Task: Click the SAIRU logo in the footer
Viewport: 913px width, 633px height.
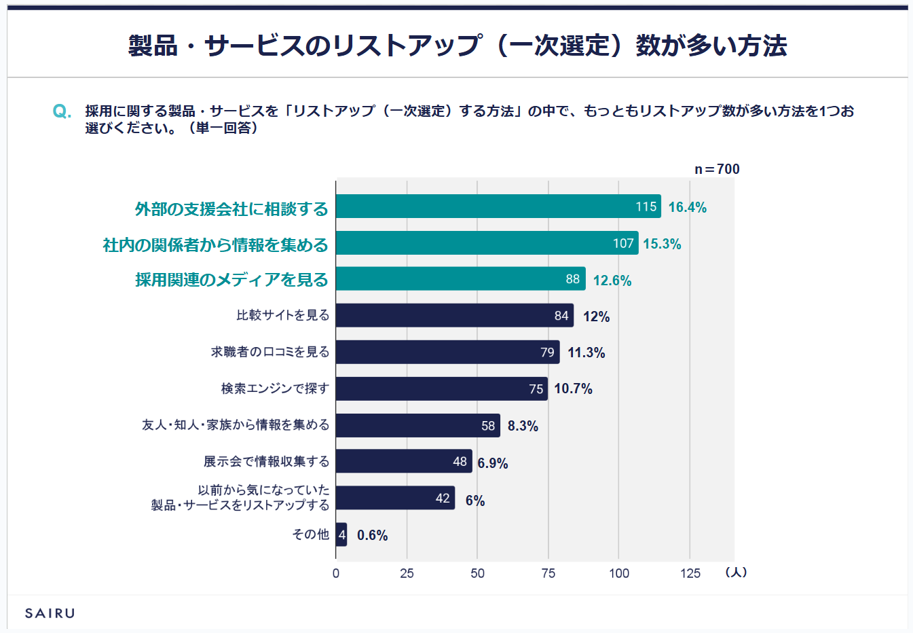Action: coord(50,613)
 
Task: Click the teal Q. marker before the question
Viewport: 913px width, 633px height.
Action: coord(62,111)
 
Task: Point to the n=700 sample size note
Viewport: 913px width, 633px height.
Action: coord(717,169)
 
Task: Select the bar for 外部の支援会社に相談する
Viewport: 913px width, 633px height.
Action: coord(498,206)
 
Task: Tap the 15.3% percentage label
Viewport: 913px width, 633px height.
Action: coord(662,244)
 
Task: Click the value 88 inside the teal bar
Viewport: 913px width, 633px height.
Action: coord(573,279)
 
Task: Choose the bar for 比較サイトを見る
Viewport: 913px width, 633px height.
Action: coord(454,315)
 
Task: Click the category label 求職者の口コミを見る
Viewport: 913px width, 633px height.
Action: coord(270,352)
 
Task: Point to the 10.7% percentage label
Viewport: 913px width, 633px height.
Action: coord(573,388)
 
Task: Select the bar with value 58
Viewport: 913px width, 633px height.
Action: coord(417,426)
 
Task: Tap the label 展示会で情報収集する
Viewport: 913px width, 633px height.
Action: coord(266,462)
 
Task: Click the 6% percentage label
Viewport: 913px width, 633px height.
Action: coord(475,501)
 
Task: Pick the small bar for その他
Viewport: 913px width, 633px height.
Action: coord(341,535)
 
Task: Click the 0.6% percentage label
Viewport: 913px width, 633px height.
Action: coord(372,535)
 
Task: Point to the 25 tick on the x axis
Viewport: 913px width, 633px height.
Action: coord(407,573)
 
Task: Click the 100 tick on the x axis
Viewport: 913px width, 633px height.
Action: coord(619,573)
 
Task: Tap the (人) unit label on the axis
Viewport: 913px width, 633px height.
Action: coord(736,573)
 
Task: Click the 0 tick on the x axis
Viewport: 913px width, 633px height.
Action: coord(336,573)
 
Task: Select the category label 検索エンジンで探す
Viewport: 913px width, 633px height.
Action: coord(275,388)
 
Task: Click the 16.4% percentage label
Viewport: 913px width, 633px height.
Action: coord(687,207)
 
